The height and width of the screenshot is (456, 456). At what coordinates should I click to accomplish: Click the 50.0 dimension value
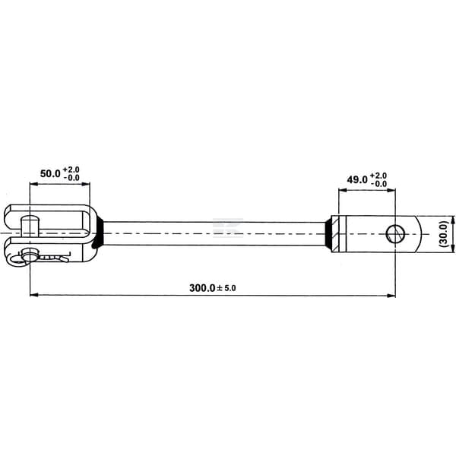coord(50,173)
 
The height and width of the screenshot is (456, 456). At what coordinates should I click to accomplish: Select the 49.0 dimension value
coord(357,180)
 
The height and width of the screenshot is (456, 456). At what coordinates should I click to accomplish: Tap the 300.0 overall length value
coord(202,288)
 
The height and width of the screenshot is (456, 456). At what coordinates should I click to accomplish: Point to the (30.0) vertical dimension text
coord(444,234)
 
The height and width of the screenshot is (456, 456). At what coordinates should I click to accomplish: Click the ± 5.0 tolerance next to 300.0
coord(226,288)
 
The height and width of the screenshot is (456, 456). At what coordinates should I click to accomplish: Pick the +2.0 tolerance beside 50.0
coord(71,169)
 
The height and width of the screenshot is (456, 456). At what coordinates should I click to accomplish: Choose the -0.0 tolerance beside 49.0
coord(378,184)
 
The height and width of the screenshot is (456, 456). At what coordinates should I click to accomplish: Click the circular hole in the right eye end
coord(395,234)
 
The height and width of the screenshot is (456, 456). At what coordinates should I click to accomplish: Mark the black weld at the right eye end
coord(328,234)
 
